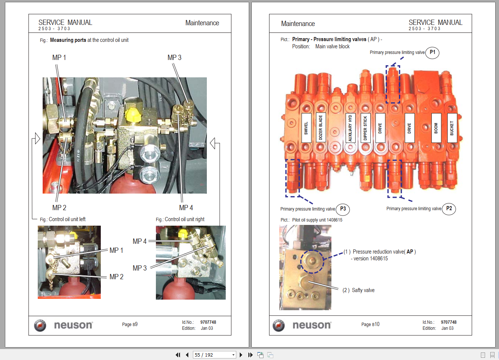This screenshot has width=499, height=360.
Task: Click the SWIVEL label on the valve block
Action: [306, 128]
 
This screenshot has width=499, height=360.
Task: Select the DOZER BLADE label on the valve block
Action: [321, 128]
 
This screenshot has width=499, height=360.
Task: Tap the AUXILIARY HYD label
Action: [350, 128]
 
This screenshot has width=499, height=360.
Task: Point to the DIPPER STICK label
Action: [365, 128]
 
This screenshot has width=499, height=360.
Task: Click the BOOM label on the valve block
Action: [436, 128]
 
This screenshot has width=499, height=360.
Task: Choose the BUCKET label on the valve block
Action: [452, 128]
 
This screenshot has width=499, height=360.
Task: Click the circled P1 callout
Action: [432, 52]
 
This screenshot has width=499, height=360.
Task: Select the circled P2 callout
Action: [449, 208]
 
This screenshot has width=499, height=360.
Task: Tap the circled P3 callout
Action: [343, 209]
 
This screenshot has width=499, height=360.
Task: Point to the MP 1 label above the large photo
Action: [59, 58]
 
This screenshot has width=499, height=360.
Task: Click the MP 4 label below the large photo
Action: [186, 208]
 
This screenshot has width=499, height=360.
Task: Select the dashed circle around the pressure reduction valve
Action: [312, 262]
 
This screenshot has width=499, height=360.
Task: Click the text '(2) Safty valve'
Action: [358, 290]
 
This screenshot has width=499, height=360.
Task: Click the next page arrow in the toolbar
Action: [241, 355]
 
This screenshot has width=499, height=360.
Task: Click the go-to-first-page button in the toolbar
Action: [178, 355]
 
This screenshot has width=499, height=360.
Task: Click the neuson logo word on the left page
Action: [73, 325]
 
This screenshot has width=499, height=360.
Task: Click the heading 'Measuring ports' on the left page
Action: [68, 40]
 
